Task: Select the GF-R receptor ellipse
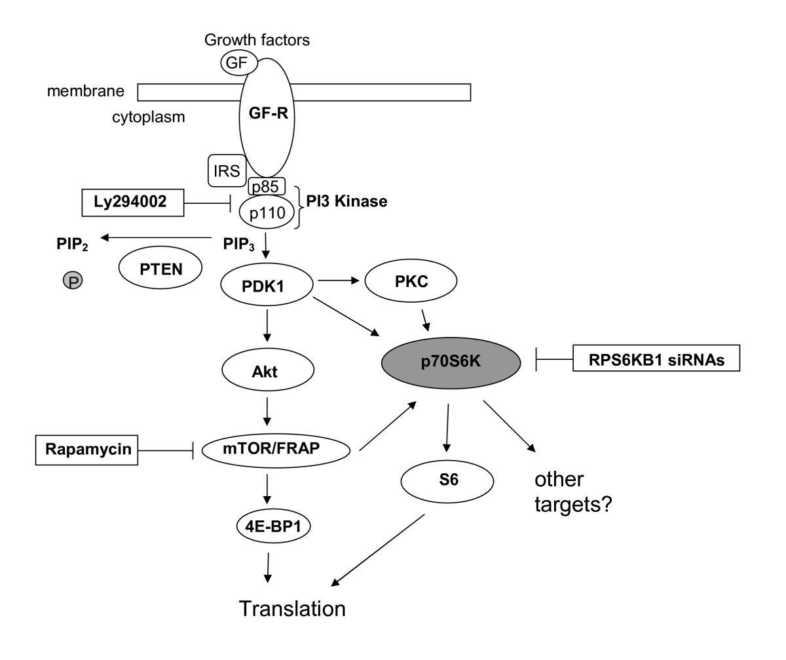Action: click(267, 117)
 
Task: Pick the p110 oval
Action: click(267, 212)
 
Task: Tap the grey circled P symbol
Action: click(73, 281)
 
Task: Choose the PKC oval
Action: click(411, 281)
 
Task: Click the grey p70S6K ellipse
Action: click(451, 362)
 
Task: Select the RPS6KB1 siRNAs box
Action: click(656, 358)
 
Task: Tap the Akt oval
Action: click(265, 372)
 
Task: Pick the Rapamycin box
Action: click(86, 450)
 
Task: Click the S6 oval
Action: click(446, 479)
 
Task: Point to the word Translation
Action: click(292, 609)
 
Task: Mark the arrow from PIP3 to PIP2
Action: click(157, 239)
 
